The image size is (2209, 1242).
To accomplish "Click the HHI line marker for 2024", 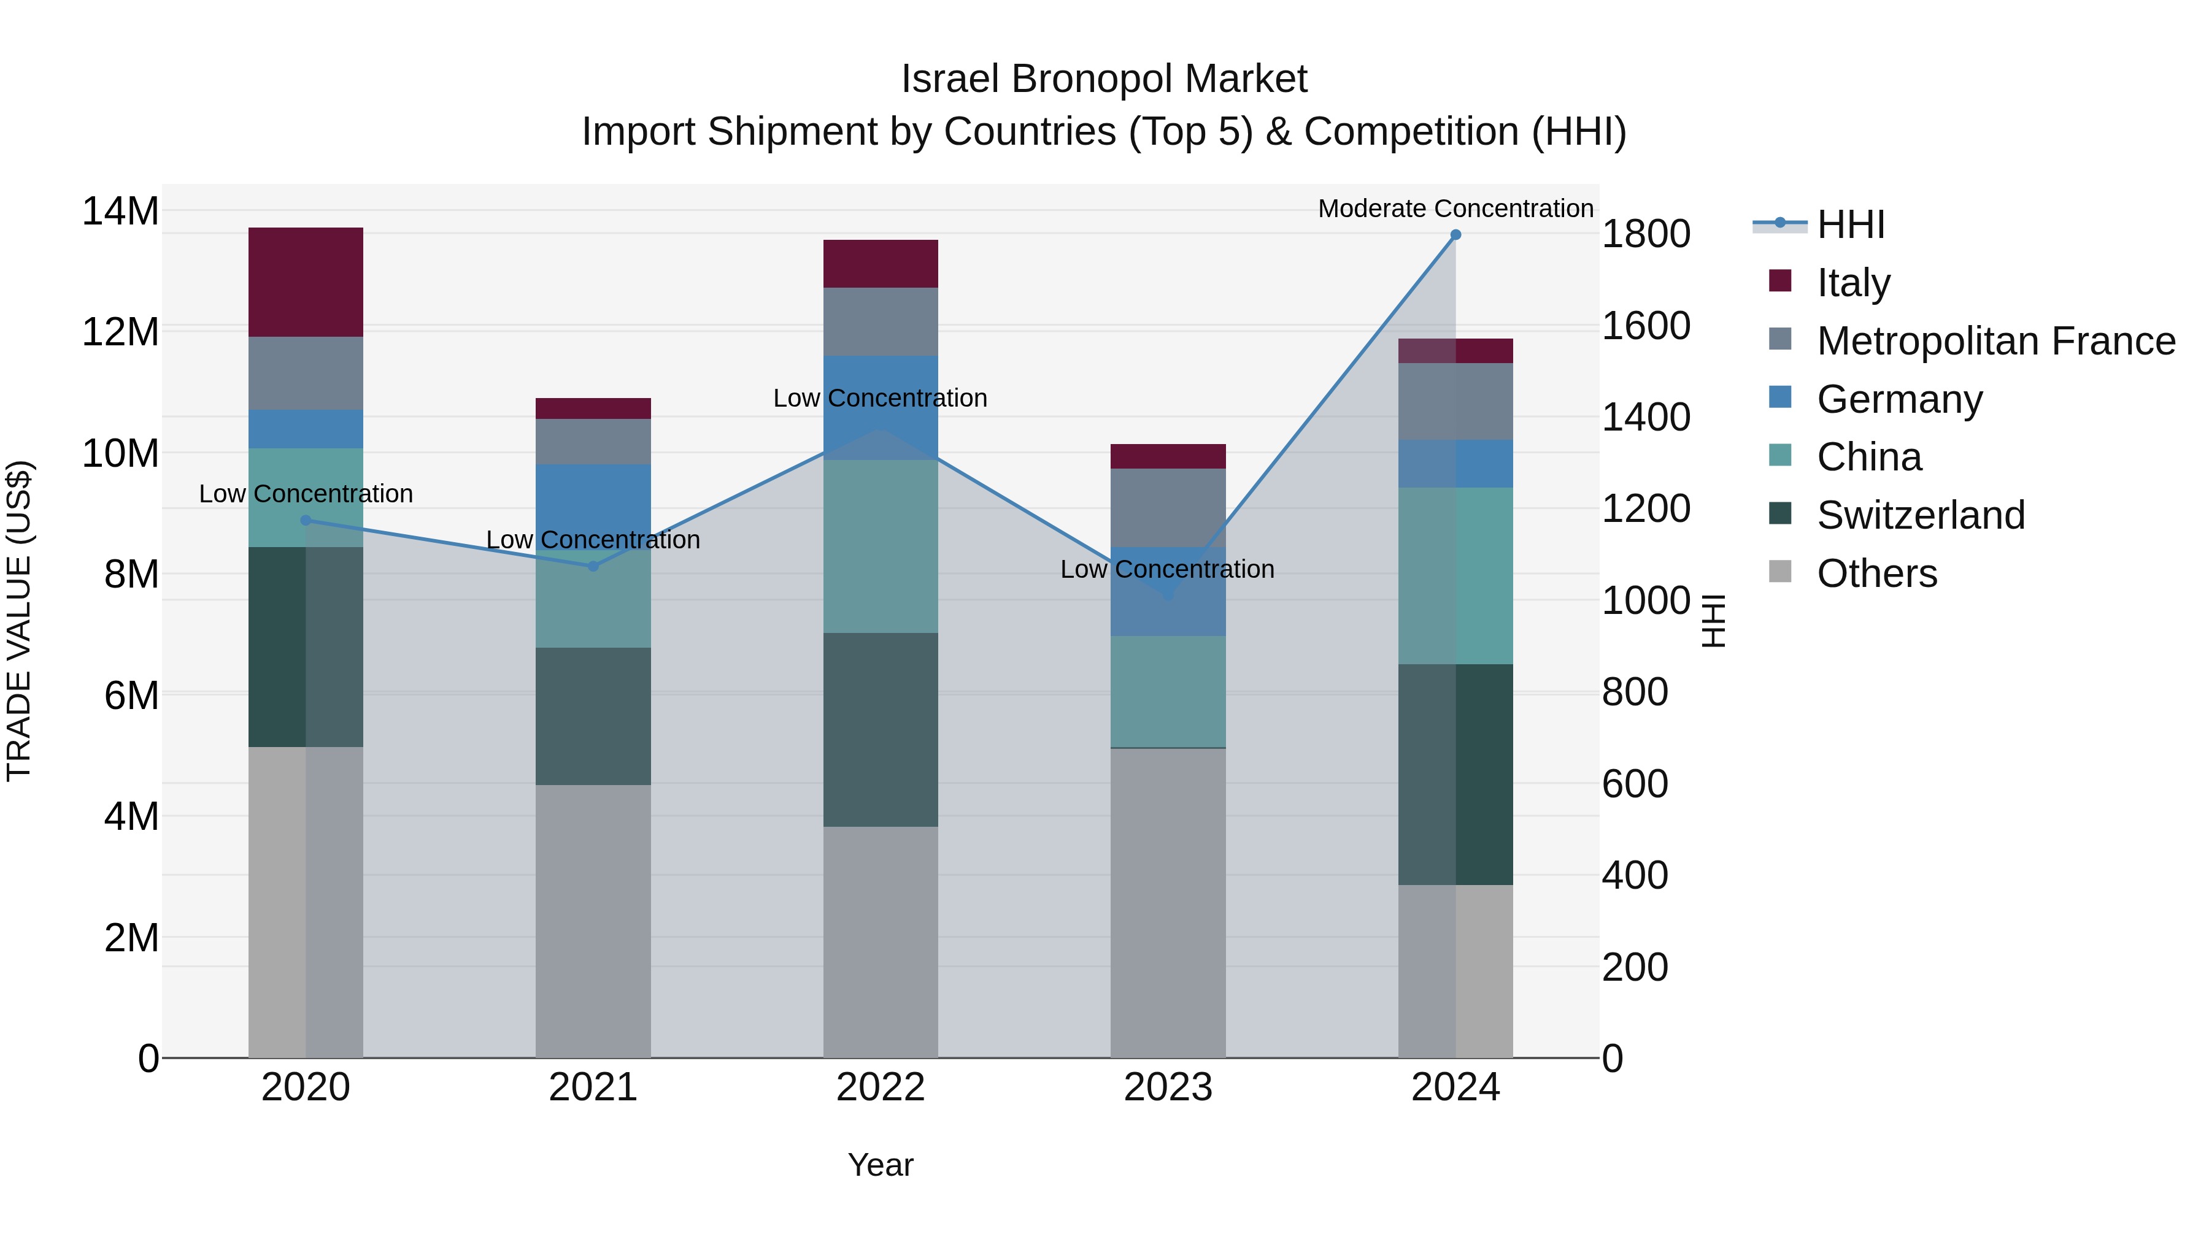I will click(x=1455, y=235).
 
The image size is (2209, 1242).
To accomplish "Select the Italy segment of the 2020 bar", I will click(x=306, y=282).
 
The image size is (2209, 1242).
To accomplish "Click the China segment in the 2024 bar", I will click(x=1455, y=575).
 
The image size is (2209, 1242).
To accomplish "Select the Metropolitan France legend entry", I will click(x=1995, y=341).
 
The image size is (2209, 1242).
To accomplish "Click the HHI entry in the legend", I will click(x=1851, y=224).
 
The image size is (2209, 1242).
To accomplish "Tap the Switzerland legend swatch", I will click(x=1780, y=515).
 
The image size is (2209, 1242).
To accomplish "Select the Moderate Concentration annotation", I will click(x=1455, y=209).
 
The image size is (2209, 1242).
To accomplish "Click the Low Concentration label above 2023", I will click(x=1167, y=569).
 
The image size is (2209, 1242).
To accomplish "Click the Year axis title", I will click(x=880, y=1165).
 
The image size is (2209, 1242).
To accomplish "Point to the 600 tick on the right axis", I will click(x=1635, y=783).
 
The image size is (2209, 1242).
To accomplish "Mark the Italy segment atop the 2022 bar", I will click(x=880, y=264).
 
